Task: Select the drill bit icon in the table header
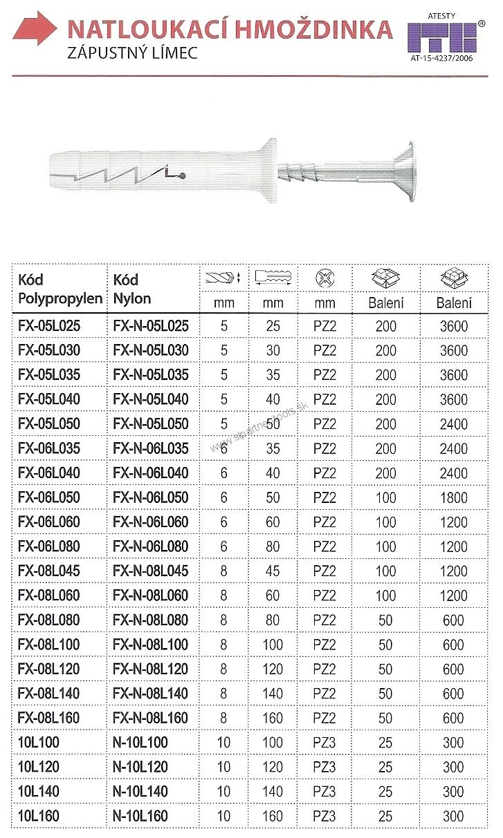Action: [x=223, y=279]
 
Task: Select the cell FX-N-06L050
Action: [x=150, y=497]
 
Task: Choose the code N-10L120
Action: [x=140, y=767]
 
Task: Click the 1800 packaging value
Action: [x=453, y=497]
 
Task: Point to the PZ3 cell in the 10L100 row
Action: [x=324, y=743]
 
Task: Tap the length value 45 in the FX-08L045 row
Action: [x=273, y=571]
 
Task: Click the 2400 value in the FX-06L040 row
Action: [x=453, y=473]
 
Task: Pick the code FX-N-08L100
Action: [x=150, y=645]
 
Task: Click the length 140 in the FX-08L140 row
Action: [x=273, y=694]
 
